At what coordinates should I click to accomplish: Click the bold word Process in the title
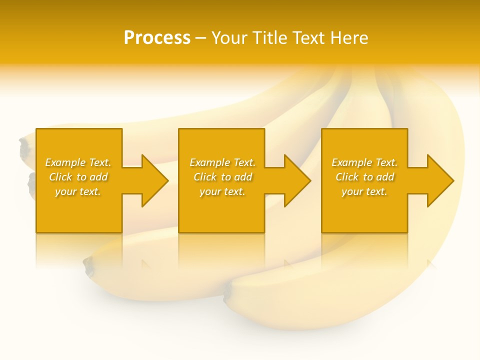(x=157, y=37)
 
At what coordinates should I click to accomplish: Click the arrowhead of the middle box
(x=297, y=180)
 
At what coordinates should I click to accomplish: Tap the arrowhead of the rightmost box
(x=440, y=180)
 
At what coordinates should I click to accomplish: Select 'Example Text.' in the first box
(x=78, y=162)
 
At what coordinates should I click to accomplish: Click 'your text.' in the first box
(x=78, y=191)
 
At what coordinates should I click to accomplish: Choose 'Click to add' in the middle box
(x=222, y=177)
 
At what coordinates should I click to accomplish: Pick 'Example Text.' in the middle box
(x=222, y=162)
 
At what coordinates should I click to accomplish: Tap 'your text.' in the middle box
(x=222, y=191)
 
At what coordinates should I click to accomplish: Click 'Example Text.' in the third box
(x=364, y=162)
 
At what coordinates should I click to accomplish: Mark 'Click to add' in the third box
(x=364, y=177)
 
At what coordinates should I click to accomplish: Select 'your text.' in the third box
(x=364, y=191)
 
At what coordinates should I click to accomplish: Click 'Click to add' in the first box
(x=78, y=177)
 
